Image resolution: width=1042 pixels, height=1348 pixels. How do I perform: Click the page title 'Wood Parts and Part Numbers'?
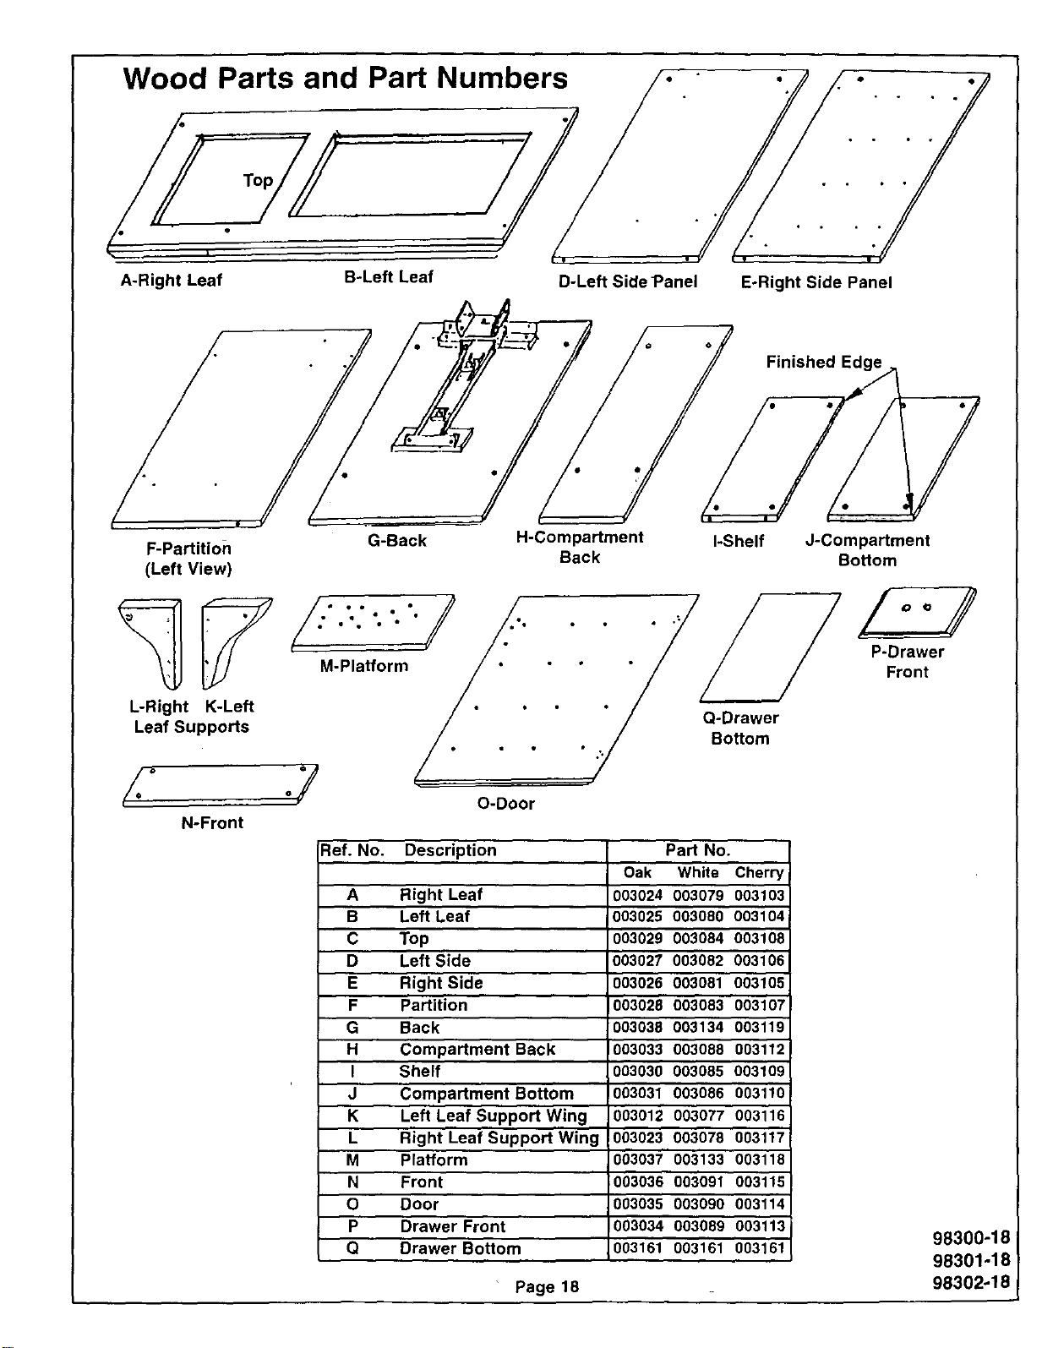point(346,78)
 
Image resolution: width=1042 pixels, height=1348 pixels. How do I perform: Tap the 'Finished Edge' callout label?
point(824,362)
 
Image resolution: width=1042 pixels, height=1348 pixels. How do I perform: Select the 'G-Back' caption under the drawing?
point(397,540)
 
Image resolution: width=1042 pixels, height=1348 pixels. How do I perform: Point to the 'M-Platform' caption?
point(364,666)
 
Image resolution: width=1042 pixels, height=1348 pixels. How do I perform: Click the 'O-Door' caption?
point(505,804)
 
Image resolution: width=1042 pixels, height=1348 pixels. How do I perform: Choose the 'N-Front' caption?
point(212,822)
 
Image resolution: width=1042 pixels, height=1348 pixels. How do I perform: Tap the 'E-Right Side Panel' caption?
point(816,282)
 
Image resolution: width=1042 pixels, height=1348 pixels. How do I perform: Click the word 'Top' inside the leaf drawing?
point(258,180)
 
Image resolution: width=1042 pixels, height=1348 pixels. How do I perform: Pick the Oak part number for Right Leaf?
point(637,895)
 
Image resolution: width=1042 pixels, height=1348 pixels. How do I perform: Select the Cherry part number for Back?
point(759,1028)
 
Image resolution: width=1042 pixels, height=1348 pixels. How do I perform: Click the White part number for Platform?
point(698,1160)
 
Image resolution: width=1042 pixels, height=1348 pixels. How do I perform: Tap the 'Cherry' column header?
point(759,873)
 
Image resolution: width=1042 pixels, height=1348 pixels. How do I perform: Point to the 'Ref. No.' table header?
point(352,850)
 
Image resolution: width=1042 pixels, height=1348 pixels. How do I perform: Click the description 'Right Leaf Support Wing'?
point(499,1138)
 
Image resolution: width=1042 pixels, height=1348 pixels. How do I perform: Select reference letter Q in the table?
point(352,1248)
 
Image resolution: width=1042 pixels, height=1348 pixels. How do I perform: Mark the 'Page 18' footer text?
point(547,1286)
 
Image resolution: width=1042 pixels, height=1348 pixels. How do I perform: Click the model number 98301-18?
point(971,1260)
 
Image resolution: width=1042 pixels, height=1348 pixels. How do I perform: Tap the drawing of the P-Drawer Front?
point(917,612)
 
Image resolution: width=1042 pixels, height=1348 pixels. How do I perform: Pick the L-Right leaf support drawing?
point(152,642)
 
